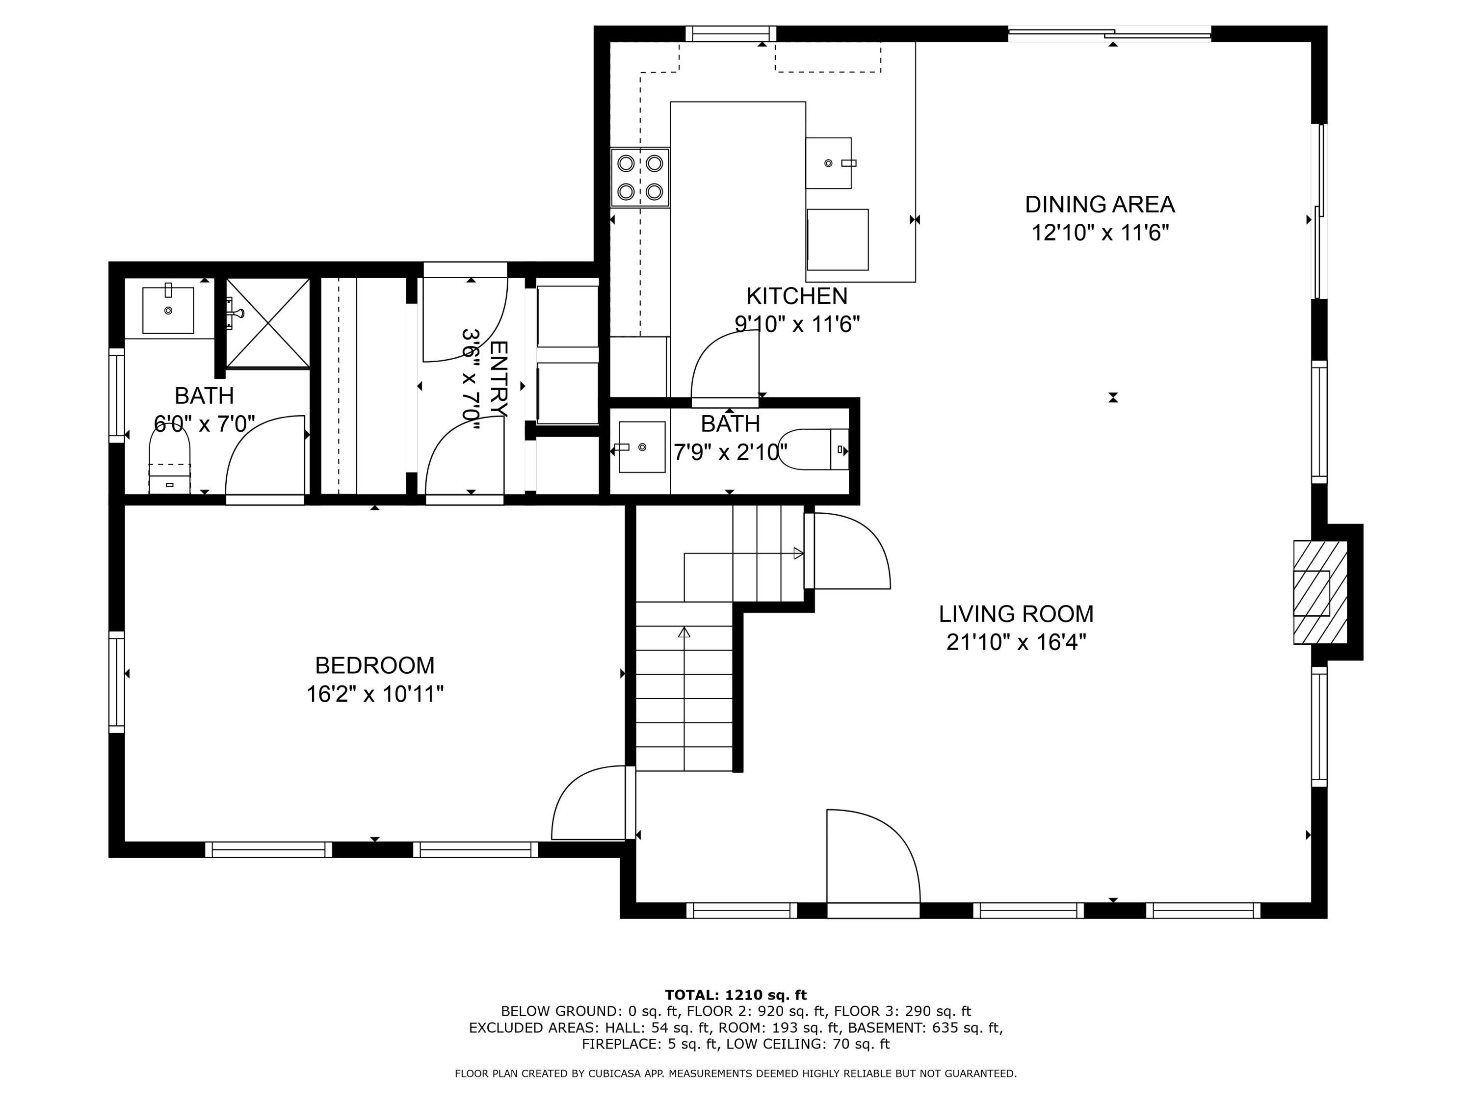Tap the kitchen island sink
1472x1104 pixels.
pos(829,163)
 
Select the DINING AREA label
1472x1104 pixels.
pos(1100,204)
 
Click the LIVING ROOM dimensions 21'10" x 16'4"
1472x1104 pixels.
pos(1016,642)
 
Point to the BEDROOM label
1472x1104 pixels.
pos(375,665)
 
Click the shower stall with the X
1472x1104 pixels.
pos(267,323)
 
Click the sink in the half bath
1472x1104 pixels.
pos(641,447)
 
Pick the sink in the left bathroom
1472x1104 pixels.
pos(168,310)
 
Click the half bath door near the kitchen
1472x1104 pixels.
pos(725,366)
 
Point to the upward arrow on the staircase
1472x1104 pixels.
pos(684,632)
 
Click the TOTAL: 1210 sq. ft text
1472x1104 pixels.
pos(736,995)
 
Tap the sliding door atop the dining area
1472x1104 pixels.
pos(1109,33)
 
